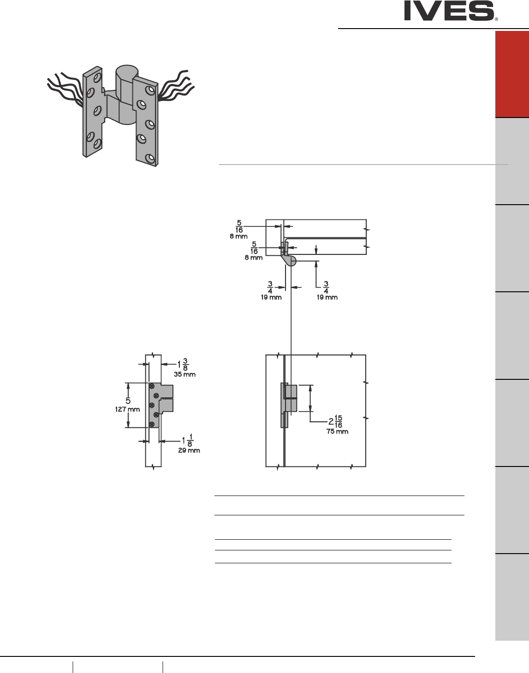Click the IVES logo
[x=451, y=11]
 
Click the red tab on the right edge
[x=512, y=74]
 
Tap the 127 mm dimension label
[x=127, y=409]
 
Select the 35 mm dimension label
[x=184, y=374]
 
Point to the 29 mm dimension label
[x=189, y=450]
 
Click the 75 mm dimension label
[x=337, y=431]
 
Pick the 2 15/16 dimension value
[x=335, y=421]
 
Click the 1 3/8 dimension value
[x=183, y=365]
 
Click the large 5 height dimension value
[x=128, y=401]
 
